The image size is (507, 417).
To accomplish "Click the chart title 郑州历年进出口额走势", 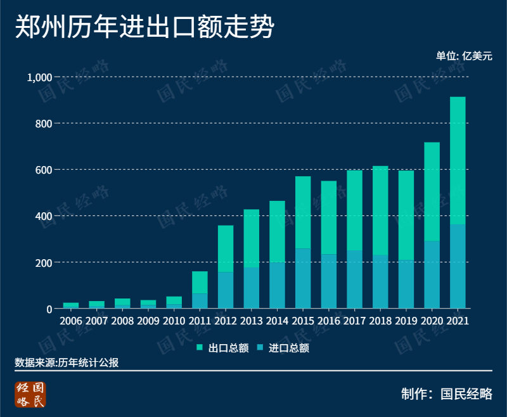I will tap(144, 28).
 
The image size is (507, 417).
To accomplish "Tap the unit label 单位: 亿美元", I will tap(463, 56).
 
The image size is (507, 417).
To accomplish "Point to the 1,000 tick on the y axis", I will tap(38, 77).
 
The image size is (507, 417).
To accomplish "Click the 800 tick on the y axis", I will tap(42, 124).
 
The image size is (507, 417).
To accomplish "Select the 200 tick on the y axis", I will tap(42, 262).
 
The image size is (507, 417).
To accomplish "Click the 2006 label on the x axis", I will tap(71, 321).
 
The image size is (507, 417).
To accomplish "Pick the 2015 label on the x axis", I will tap(303, 321).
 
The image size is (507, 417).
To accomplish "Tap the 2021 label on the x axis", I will tap(458, 321).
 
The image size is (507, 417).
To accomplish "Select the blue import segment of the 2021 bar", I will tap(458, 266).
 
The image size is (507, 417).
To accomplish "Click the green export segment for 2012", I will tap(226, 248).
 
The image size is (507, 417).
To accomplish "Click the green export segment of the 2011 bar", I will tap(200, 282).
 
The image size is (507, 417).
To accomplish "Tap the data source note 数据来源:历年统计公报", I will tap(67, 362).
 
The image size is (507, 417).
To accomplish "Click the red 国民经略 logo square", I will tap(31, 394).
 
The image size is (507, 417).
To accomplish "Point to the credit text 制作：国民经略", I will tap(446, 393).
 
